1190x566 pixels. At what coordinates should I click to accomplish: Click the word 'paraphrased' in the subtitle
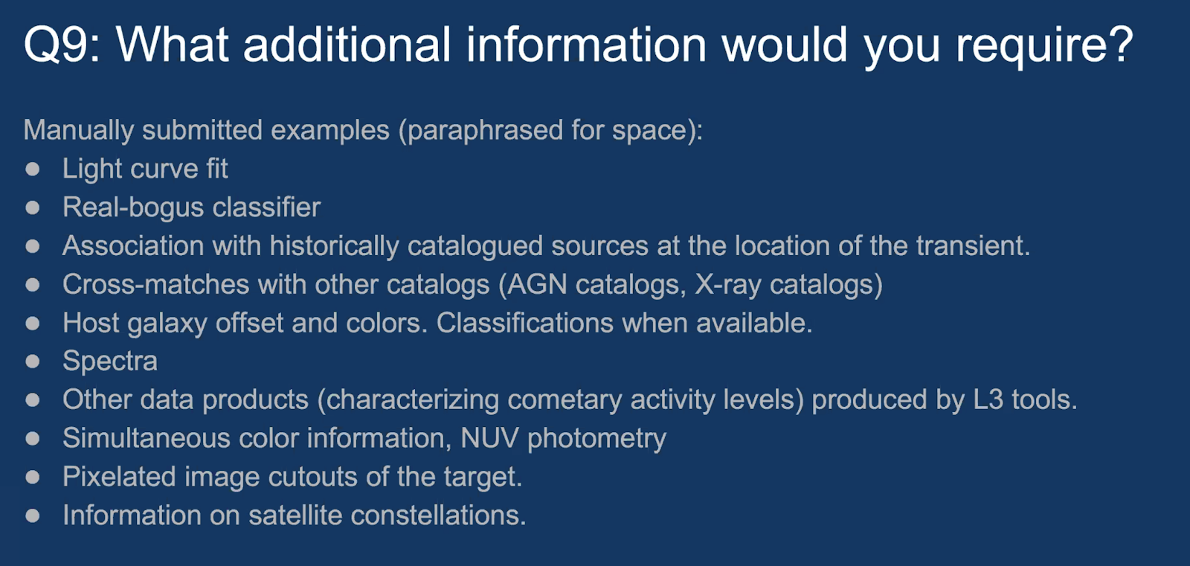pyautogui.click(x=480, y=131)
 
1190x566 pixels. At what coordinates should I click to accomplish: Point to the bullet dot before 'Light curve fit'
pyautogui.click(x=33, y=169)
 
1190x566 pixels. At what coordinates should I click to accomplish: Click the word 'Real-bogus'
pyautogui.click(x=133, y=208)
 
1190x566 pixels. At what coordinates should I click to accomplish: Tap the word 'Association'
pyautogui.click(x=133, y=245)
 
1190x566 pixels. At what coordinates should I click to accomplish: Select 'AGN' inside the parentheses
pyautogui.click(x=536, y=284)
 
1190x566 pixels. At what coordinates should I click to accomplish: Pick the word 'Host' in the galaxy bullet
pyautogui.click(x=91, y=323)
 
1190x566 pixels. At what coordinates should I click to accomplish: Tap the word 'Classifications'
pyautogui.click(x=525, y=323)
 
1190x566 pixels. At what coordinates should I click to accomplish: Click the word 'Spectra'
pyautogui.click(x=110, y=361)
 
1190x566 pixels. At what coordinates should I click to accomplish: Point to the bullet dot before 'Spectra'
pyautogui.click(x=33, y=361)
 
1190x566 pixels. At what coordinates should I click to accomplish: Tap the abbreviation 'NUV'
pyautogui.click(x=489, y=438)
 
